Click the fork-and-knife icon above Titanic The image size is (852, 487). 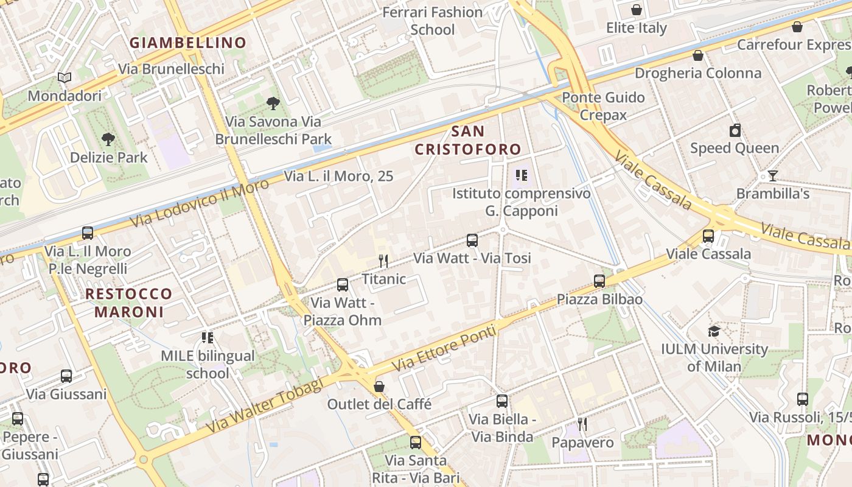point(383,261)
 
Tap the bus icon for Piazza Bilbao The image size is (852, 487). point(599,281)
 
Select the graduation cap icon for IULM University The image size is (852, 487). point(714,331)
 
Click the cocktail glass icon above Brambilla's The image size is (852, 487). point(772,176)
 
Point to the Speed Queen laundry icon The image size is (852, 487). point(735,130)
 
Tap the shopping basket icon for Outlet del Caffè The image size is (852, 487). point(379,387)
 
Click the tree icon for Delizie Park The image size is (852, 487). point(108,139)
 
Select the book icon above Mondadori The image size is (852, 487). point(65,78)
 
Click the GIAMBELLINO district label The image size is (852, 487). point(187,43)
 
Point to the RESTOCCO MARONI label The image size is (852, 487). point(128,303)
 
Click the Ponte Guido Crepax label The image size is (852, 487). point(603,106)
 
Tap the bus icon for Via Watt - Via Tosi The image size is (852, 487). point(472,240)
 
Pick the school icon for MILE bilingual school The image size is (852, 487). point(208,337)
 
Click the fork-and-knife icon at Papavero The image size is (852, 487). point(582,424)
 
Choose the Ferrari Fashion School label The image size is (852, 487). point(433,21)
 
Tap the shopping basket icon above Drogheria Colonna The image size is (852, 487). point(698,55)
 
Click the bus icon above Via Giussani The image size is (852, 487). point(66,376)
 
